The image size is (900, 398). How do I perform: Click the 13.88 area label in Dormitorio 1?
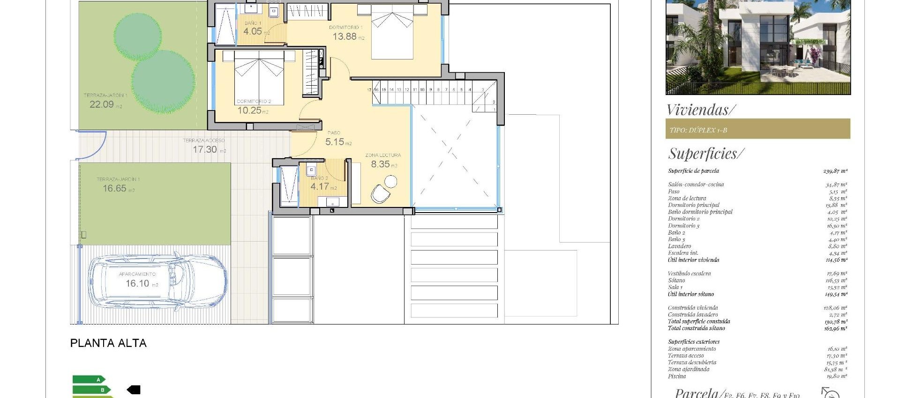coord(345,37)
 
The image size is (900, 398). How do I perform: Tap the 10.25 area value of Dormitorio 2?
coord(249,111)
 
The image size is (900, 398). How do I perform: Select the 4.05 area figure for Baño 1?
coord(253,31)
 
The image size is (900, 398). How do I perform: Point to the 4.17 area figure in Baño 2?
coord(320,186)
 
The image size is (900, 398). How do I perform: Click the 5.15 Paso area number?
coord(335,141)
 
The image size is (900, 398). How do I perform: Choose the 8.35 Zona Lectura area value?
coord(380,164)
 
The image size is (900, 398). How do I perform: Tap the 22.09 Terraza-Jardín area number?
coord(102,104)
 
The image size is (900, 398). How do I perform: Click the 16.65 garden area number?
coord(115,188)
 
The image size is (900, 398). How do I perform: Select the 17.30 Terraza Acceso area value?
coord(205,149)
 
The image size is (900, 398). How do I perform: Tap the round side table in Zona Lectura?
coord(390,181)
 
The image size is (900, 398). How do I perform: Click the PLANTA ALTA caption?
coord(108,343)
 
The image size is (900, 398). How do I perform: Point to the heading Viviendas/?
coord(701,110)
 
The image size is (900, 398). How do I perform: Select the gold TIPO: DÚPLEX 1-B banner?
coord(757,129)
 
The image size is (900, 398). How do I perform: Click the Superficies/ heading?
coord(705,154)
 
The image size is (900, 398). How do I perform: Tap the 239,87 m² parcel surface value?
coord(835,171)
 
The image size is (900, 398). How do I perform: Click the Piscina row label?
coord(677,376)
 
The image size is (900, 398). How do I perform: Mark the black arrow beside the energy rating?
coord(134,390)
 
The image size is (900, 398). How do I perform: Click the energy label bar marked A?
coord(89,380)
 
